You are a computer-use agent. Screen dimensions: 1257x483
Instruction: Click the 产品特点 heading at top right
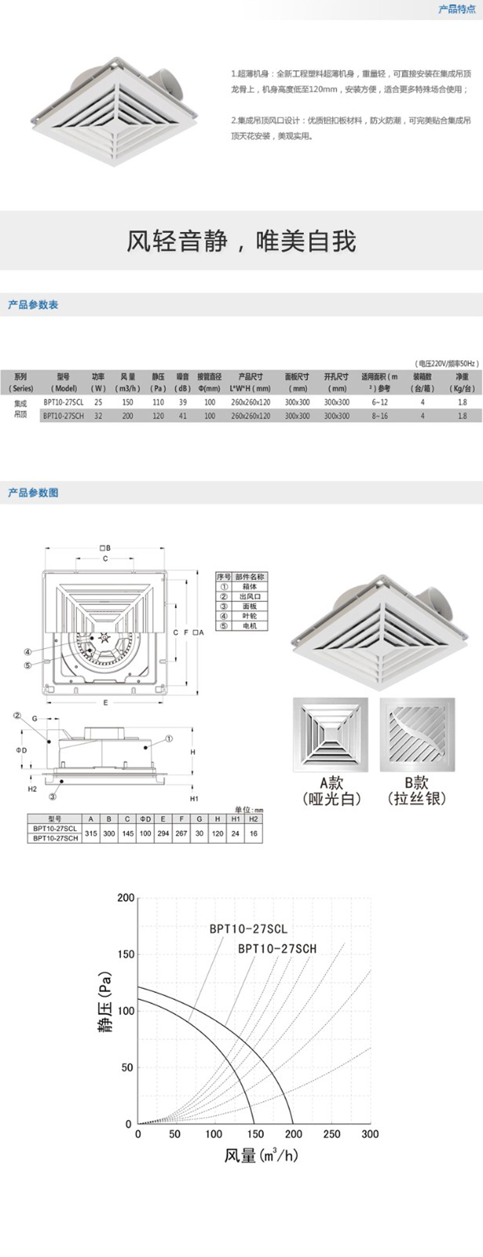457,9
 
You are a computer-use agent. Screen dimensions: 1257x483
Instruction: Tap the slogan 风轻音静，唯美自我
241,241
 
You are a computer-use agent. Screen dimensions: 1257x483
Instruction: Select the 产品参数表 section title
33,305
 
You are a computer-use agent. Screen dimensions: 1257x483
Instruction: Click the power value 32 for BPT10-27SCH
98,416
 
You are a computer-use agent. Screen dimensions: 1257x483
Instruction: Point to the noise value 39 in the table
182,402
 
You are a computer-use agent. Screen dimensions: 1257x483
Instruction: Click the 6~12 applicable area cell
379,402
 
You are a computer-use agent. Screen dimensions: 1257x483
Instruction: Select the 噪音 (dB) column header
182,382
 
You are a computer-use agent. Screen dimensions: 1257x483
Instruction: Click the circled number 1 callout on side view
169,739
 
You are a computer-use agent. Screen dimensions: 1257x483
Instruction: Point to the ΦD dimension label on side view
21,750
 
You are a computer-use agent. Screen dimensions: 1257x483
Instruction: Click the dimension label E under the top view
105,703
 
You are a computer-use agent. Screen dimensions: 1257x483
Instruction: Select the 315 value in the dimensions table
91,834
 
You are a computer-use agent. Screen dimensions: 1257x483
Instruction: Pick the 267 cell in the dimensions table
181,834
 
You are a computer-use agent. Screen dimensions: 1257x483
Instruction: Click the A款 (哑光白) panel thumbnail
330,735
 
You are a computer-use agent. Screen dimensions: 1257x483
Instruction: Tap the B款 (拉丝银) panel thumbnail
417,735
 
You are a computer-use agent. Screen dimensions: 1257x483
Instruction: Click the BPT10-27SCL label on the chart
248,929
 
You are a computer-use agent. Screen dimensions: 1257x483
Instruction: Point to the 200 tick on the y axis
126,898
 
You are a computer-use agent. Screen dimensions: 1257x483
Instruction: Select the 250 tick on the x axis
331,1134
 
